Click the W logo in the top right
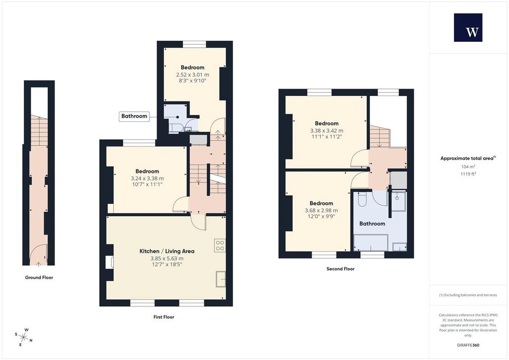468,27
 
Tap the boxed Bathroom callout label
134,116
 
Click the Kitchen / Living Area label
167,251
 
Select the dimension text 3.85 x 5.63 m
167,259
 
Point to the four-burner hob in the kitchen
220,246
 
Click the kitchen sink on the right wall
221,279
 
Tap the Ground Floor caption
39,277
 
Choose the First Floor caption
164,317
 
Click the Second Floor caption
340,269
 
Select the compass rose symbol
23,337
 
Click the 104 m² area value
468,167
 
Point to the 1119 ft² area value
468,174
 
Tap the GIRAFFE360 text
468,345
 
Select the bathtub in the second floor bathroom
371,243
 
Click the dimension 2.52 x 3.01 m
192,75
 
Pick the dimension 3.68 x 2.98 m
321,210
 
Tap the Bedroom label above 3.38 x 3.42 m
327,123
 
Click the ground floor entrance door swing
39,252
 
